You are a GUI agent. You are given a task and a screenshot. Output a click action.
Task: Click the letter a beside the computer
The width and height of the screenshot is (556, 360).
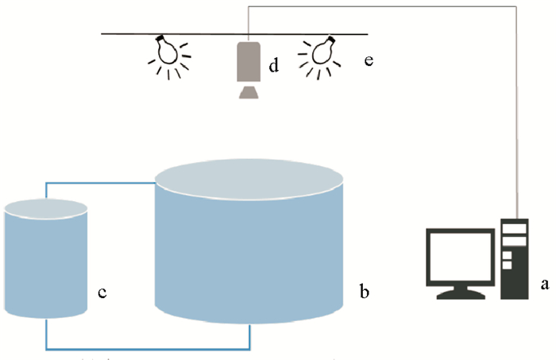click(x=544, y=282)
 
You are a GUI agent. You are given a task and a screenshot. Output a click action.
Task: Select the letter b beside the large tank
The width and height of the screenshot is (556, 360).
click(x=363, y=292)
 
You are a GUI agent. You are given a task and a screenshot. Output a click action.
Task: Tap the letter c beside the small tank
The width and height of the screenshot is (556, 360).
click(x=102, y=292)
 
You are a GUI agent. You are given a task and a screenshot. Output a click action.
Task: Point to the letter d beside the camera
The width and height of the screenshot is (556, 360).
click(x=272, y=66)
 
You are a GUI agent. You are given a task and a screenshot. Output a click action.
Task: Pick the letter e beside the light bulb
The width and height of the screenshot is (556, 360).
click(x=368, y=60)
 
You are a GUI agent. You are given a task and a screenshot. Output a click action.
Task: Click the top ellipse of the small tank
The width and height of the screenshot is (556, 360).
click(x=45, y=209)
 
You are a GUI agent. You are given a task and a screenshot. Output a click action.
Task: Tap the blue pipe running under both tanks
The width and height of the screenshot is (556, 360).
click(x=147, y=347)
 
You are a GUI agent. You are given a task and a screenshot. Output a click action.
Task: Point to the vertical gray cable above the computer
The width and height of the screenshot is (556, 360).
click(x=518, y=119)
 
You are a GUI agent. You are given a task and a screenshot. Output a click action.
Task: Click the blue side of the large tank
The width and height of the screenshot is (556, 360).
click(x=250, y=254)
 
